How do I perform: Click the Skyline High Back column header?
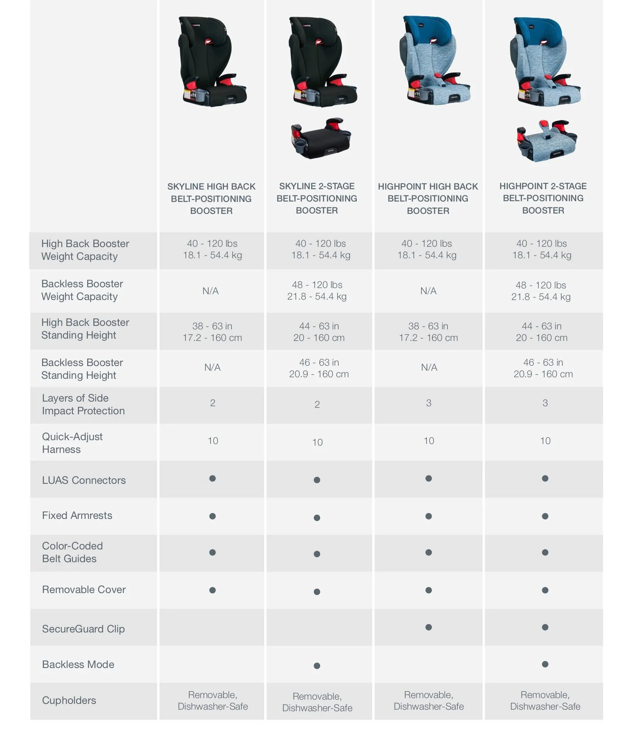point(211,198)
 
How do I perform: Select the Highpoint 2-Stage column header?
point(543,198)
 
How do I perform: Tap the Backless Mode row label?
point(78,664)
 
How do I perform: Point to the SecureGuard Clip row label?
point(83,629)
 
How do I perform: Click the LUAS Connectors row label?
point(84,480)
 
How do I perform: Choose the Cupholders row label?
point(69,700)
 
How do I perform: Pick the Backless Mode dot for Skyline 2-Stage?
point(317,666)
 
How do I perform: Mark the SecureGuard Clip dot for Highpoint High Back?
point(428,627)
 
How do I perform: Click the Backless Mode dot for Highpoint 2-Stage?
point(545,664)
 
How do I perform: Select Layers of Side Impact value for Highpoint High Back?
point(428,403)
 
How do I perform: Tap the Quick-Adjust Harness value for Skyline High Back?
point(213,441)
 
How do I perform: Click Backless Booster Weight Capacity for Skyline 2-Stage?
point(317,290)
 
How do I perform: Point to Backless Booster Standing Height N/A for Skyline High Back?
point(213,367)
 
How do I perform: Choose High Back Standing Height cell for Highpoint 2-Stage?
point(542,332)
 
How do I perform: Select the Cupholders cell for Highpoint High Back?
point(428,700)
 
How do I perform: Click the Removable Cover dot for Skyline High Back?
point(213,590)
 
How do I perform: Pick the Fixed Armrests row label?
point(77,515)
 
